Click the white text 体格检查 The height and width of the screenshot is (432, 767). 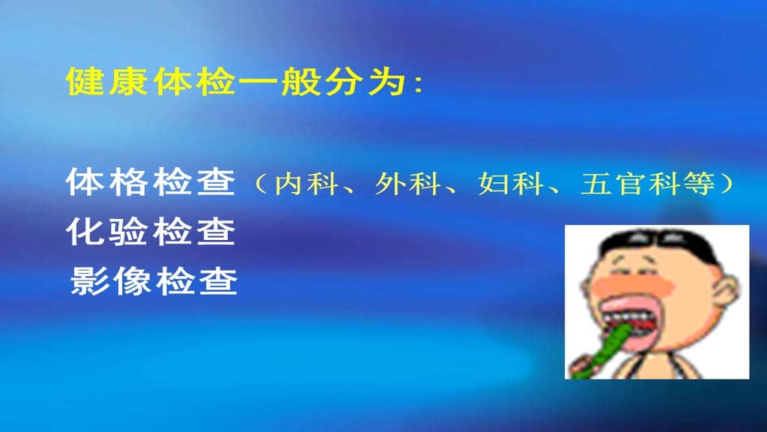point(151,182)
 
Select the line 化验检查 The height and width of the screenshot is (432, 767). point(151,232)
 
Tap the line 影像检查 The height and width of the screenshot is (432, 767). point(154,282)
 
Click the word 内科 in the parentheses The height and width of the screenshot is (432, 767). point(300,184)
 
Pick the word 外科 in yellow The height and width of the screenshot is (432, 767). point(401,184)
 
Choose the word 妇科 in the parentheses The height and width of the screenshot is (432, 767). point(503,184)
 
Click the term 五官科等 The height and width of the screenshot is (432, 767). point(649,184)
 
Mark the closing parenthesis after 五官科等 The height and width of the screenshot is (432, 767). point(724,184)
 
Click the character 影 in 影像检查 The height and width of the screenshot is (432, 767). point(88,282)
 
